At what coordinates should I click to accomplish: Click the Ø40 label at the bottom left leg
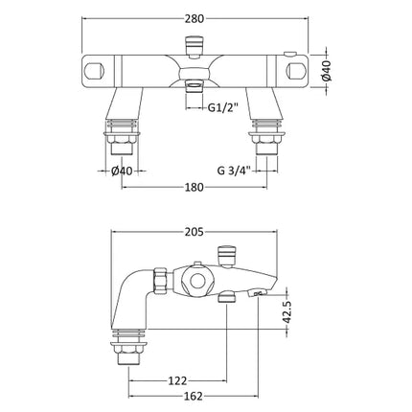122,171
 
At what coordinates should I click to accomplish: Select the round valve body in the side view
198,283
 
